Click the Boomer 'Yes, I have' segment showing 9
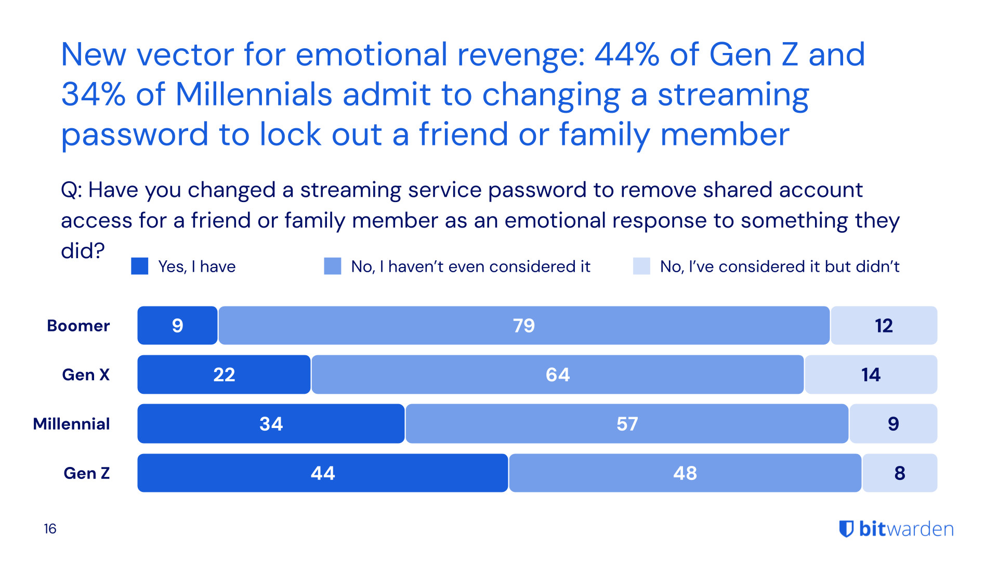(x=177, y=326)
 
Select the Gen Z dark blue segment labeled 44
(x=322, y=473)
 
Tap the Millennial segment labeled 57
(x=627, y=424)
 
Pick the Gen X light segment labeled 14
(x=871, y=375)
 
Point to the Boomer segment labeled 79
(x=523, y=326)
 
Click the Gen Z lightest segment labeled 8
(x=900, y=473)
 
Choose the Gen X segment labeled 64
(x=557, y=375)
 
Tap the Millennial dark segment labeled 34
(x=271, y=424)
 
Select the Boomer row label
(x=78, y=326)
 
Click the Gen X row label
(x=86, y=375)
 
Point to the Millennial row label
(x=72, y=424)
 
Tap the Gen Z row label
(x=87, y=473)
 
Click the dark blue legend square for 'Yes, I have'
(x=140, y=266)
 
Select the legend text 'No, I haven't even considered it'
(x=470, y=266)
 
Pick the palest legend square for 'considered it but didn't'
(x=641, y=266)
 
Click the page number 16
(x=50, y=529)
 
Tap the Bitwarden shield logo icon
(x=846, y=529)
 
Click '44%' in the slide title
(x=627, y=55)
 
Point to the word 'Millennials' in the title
(x=254, y=95)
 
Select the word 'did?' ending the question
(x=83, y=251)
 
